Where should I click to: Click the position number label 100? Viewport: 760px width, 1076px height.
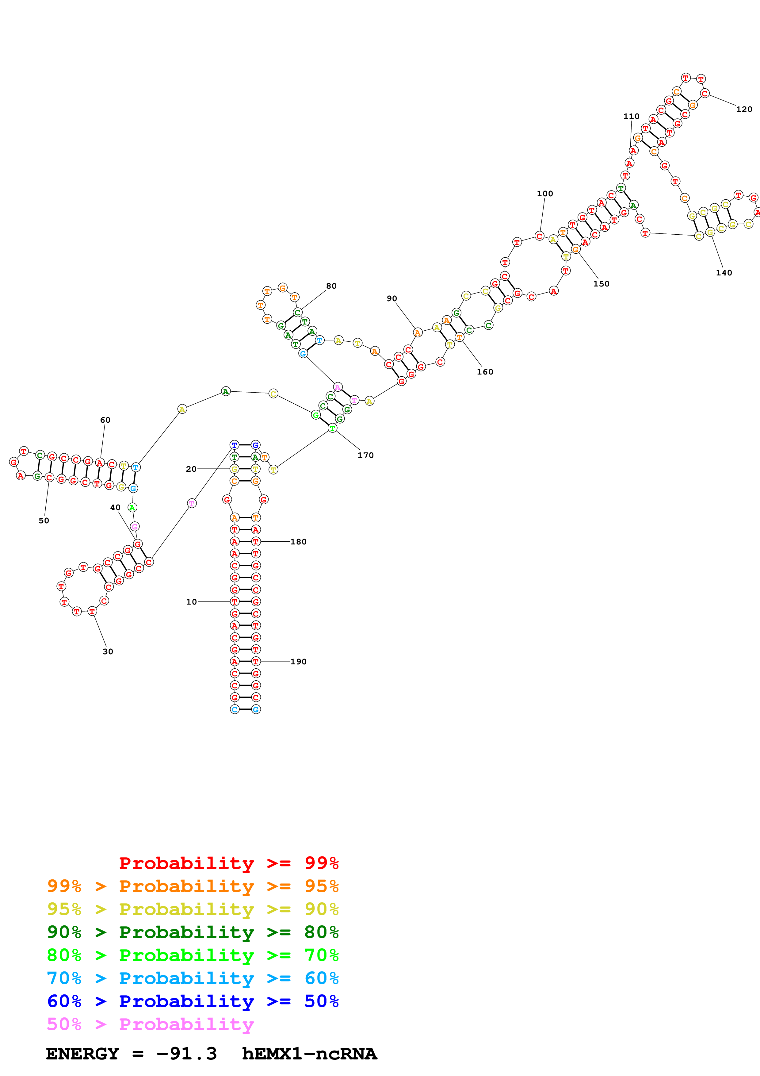point(544,194)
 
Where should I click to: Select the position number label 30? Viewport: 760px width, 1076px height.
point(108,651)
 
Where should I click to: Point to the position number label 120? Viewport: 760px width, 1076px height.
point(744,109)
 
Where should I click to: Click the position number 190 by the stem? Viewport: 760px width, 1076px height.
point(298,662)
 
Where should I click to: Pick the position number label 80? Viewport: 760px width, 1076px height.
point(331,286)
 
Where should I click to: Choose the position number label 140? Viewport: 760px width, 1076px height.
point(724,273)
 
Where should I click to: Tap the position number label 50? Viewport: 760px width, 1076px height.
point(44,521)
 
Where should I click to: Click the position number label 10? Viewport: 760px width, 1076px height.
point(192,602)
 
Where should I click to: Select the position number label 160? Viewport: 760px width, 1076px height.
point(485,372)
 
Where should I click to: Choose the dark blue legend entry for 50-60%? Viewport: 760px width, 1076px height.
point(193,1001)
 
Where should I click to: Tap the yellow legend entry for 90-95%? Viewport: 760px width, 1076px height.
point(193,909)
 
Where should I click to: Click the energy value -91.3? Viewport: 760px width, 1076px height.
point(186,1054)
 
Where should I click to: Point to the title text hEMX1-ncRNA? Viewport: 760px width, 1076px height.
point(309,1054)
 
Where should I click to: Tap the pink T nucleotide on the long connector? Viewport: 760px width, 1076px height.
point(192,503)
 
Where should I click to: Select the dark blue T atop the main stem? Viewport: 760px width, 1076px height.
point(234,445)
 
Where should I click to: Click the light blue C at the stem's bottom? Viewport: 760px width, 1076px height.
point(235,709)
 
